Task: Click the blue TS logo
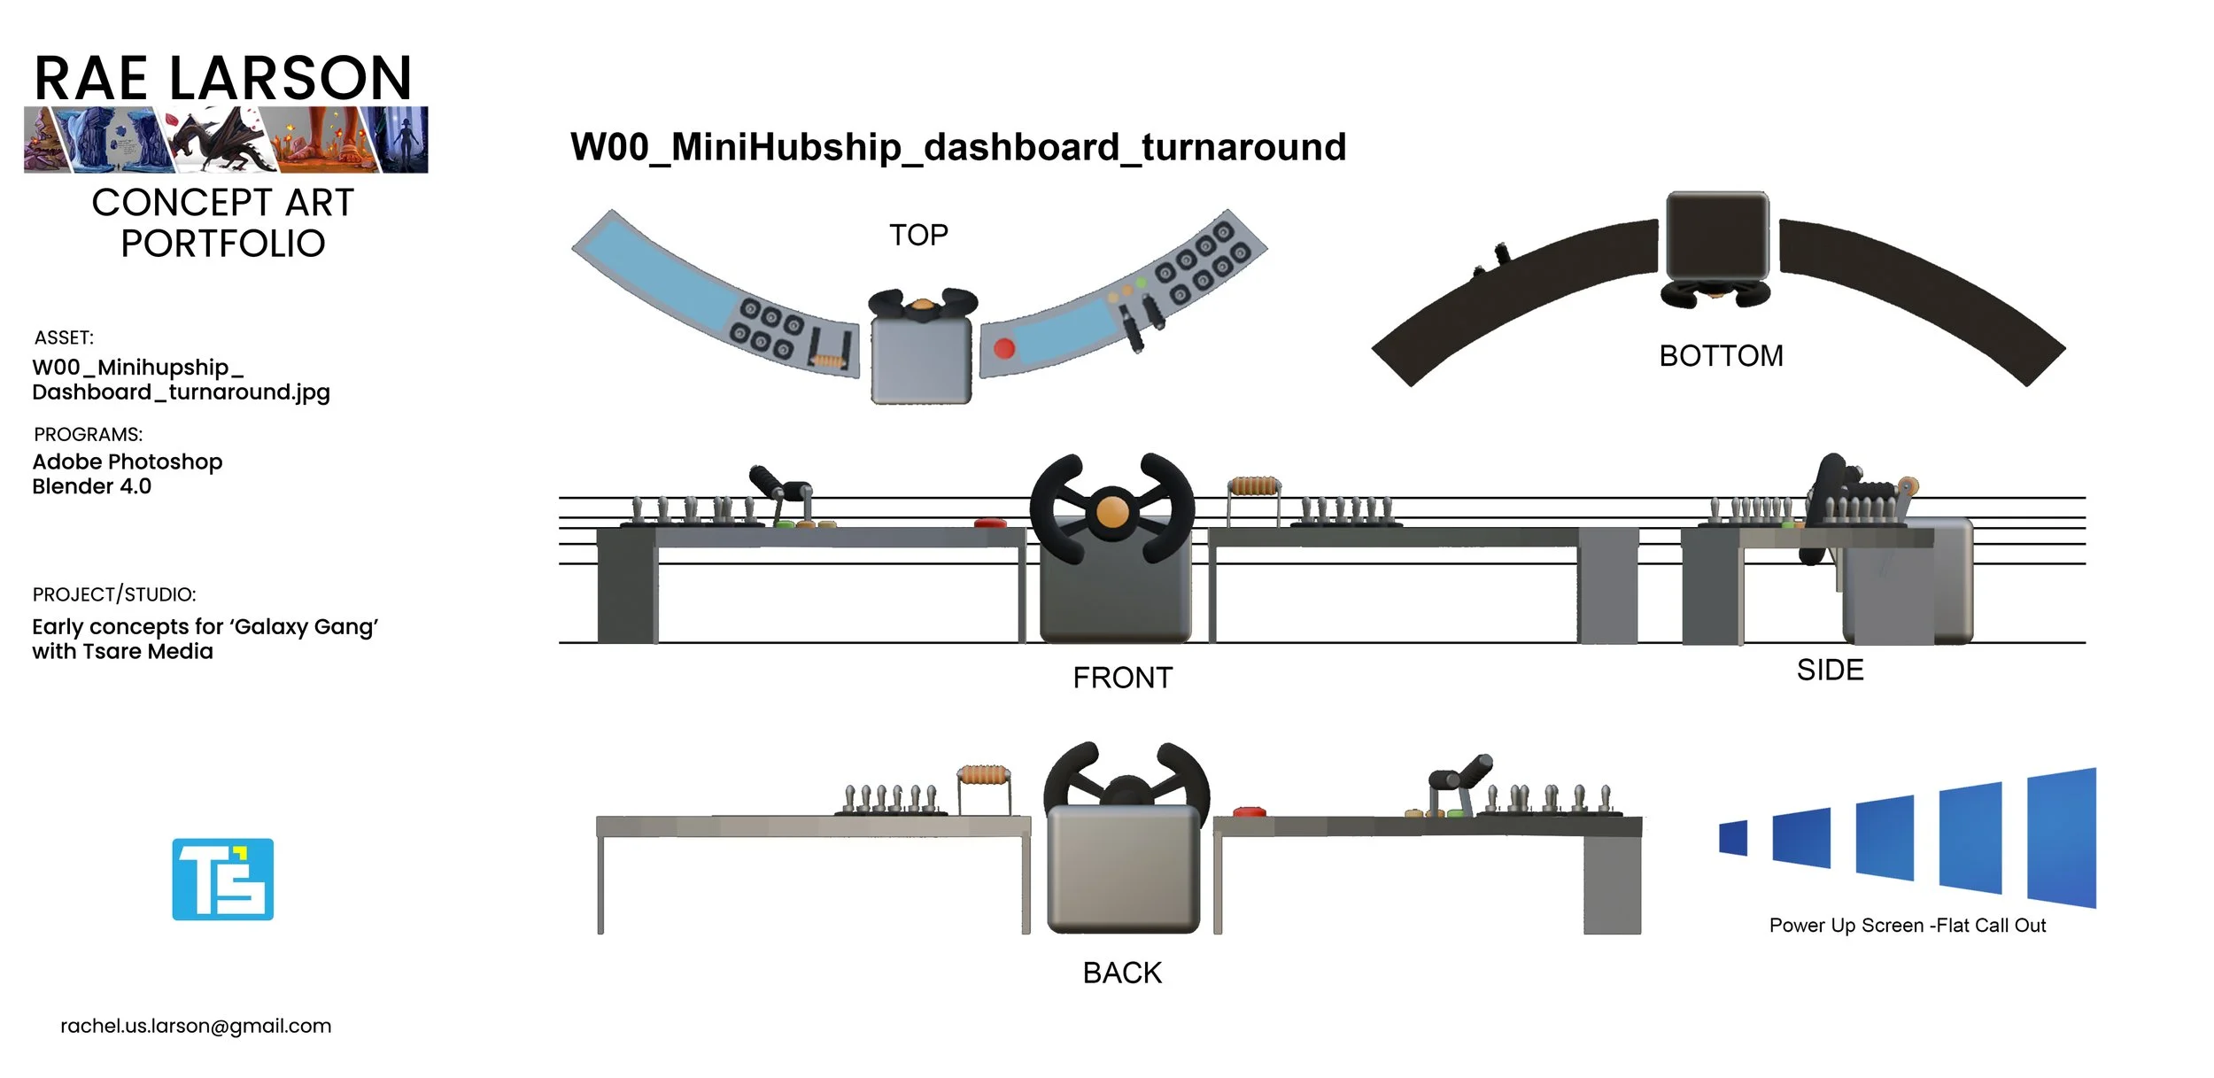click(222, 879)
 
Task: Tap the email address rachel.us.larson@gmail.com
click(196, 1026)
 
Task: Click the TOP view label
click(918, 235)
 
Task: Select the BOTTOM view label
click(1721, 356)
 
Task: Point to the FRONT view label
click(1122, 678)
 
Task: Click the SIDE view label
click(1830, 670)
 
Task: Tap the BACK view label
click(1122, 973)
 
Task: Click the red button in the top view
click(1003, 348)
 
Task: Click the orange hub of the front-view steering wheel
click(1112, 512)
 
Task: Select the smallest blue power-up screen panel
click(1733, 838)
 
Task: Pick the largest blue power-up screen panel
click(2061, 838)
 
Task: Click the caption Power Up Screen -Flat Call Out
click(1907, 926)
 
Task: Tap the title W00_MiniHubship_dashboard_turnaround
click(957, 147)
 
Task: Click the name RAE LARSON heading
click(223, 78)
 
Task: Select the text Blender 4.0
click(92, 486)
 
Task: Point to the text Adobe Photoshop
click(128, 461)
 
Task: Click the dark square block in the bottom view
click(1716, 237)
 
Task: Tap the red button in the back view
click(1249, 811)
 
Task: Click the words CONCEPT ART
click(223, 203)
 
